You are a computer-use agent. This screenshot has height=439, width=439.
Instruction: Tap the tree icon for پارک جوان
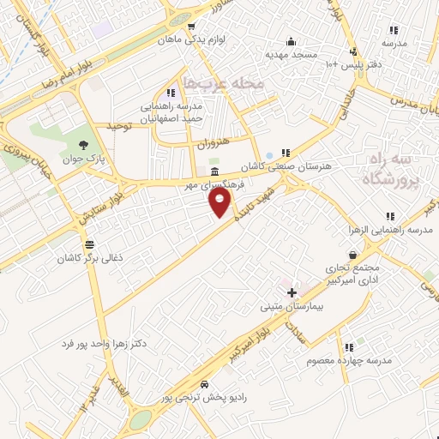click(83, 144)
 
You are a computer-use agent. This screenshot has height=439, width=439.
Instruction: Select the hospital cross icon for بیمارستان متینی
click(292, 293)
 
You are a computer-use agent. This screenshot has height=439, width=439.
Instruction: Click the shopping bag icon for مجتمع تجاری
click(352, 255)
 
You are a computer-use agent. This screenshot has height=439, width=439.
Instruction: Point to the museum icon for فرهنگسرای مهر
click(213, 172)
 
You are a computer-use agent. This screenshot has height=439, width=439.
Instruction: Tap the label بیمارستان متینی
click(292, 306)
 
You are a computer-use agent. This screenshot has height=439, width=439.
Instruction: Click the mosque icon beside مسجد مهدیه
click(292, 41)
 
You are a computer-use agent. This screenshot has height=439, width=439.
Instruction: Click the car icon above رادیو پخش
click(204, 384)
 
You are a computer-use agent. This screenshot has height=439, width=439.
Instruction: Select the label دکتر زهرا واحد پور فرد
click(104, 344)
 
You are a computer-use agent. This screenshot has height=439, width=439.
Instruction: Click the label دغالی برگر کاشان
click(86, 257)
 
